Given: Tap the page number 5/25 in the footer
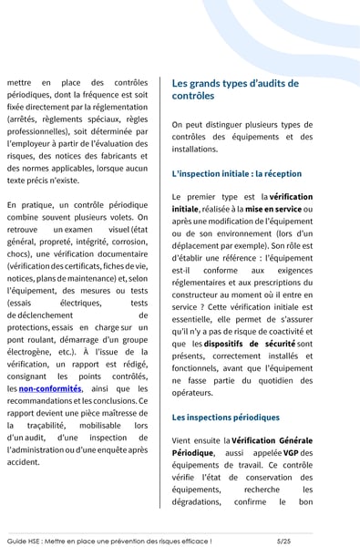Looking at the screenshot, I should (x=289, y=540).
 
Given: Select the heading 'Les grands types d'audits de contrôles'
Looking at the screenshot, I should (x=234, y=88).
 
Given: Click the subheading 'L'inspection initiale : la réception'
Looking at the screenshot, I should (x=236, y=173).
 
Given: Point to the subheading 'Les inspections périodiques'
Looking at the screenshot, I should (x=225, y=418).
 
